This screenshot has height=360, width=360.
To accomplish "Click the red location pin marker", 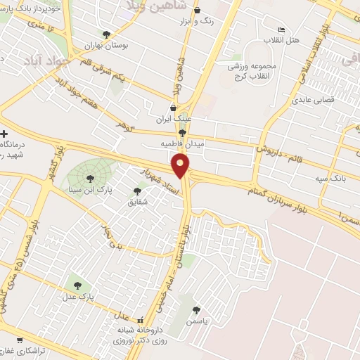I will pyautogui.click(x=181, y=166).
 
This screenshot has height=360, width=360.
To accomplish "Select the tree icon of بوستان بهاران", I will pyautogui.click(x=106, y=34).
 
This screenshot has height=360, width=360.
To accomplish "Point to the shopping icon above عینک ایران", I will pyautogui.click(x=173, y=108).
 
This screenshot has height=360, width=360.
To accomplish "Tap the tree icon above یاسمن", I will pyautogui.click(x=196, y=309).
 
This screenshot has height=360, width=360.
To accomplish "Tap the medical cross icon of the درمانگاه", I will pyautogui.click(x=5, y=134).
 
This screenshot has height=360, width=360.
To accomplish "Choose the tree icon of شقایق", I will pyautogui.click(x=137, y=191).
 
